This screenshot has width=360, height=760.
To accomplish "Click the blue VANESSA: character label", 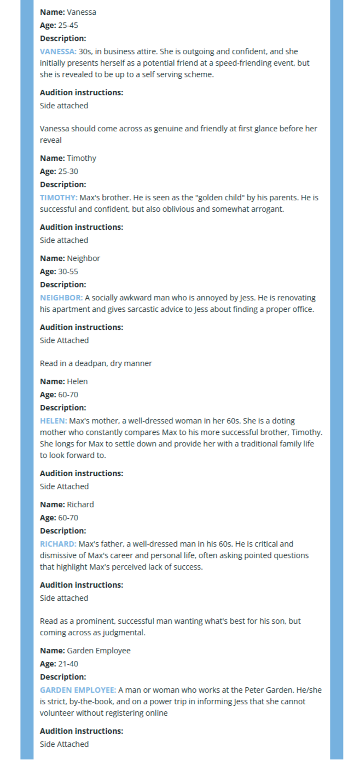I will (x=58, y=51).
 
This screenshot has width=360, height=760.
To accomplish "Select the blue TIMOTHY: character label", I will (x=59, y=198).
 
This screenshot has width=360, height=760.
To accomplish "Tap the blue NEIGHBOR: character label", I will (x=61, y=298).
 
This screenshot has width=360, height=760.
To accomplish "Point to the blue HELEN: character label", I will (x=54, y=421).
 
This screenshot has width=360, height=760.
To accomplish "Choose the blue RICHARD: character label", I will (x=58, y=544).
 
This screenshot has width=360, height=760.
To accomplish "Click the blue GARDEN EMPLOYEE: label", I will (x=78, y=690).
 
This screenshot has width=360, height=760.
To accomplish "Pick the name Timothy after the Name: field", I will (x=82, y=158).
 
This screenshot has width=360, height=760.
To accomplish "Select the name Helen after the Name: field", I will (x=77, y=381).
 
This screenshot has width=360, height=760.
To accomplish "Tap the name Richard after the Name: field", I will (x=80, y=504).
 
